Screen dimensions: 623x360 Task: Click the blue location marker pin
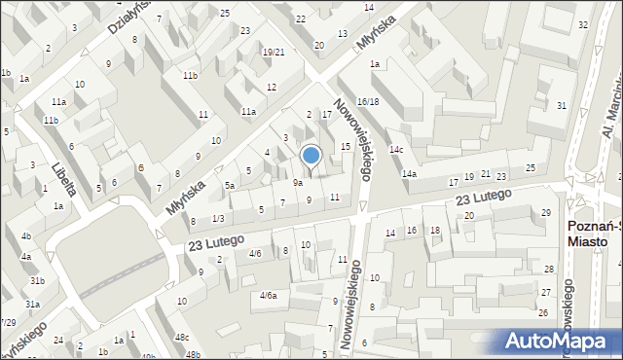pos(311,157)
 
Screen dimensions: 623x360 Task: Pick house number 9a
pos(299,182)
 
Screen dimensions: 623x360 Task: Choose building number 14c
pos(395,149)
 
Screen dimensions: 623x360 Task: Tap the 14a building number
pos(409,174)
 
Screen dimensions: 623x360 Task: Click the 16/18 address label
pos(367,101)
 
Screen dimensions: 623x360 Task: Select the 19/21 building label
pos(274,52)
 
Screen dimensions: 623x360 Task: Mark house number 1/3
pos(218,218)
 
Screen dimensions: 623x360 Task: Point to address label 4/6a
pos(268,296)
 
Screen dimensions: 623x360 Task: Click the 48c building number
pos(181,338)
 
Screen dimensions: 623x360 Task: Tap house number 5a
pos(230,185)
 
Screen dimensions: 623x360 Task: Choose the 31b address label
pos(36,281)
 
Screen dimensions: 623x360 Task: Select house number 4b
pos(26,236)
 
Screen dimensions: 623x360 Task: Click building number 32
pos(583,24)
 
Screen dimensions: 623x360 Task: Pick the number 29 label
pos(546,213)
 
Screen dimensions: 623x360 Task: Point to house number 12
pos(272,88)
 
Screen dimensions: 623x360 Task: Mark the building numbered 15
pos(346,146)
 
